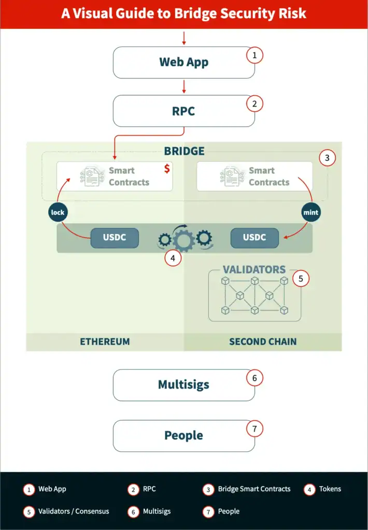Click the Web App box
(x=183, y=63)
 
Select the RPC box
(x=183, y=111)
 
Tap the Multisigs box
(x=183, y=385)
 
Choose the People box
(x=183, y=435)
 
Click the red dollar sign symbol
(x=167, y=169)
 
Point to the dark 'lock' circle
(x=58, y=212)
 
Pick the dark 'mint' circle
(x=312, y=212)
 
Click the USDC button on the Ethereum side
(x=115, y=238)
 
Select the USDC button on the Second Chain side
(x=254, y=238)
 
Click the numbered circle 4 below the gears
(x=174, y=258)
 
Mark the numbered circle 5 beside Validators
(x=301, y=278)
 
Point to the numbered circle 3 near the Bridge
(x=327, y=158)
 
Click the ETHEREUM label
(x=105, y=342)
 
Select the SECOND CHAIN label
(x=263, y=342)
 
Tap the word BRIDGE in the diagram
(x=184, y=151)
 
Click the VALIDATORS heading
(x=254, y=270)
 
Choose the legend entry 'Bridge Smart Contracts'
(x=254, y=489)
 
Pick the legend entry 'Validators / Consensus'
(x=74, y=511)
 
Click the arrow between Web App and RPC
(x=184, y=86)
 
